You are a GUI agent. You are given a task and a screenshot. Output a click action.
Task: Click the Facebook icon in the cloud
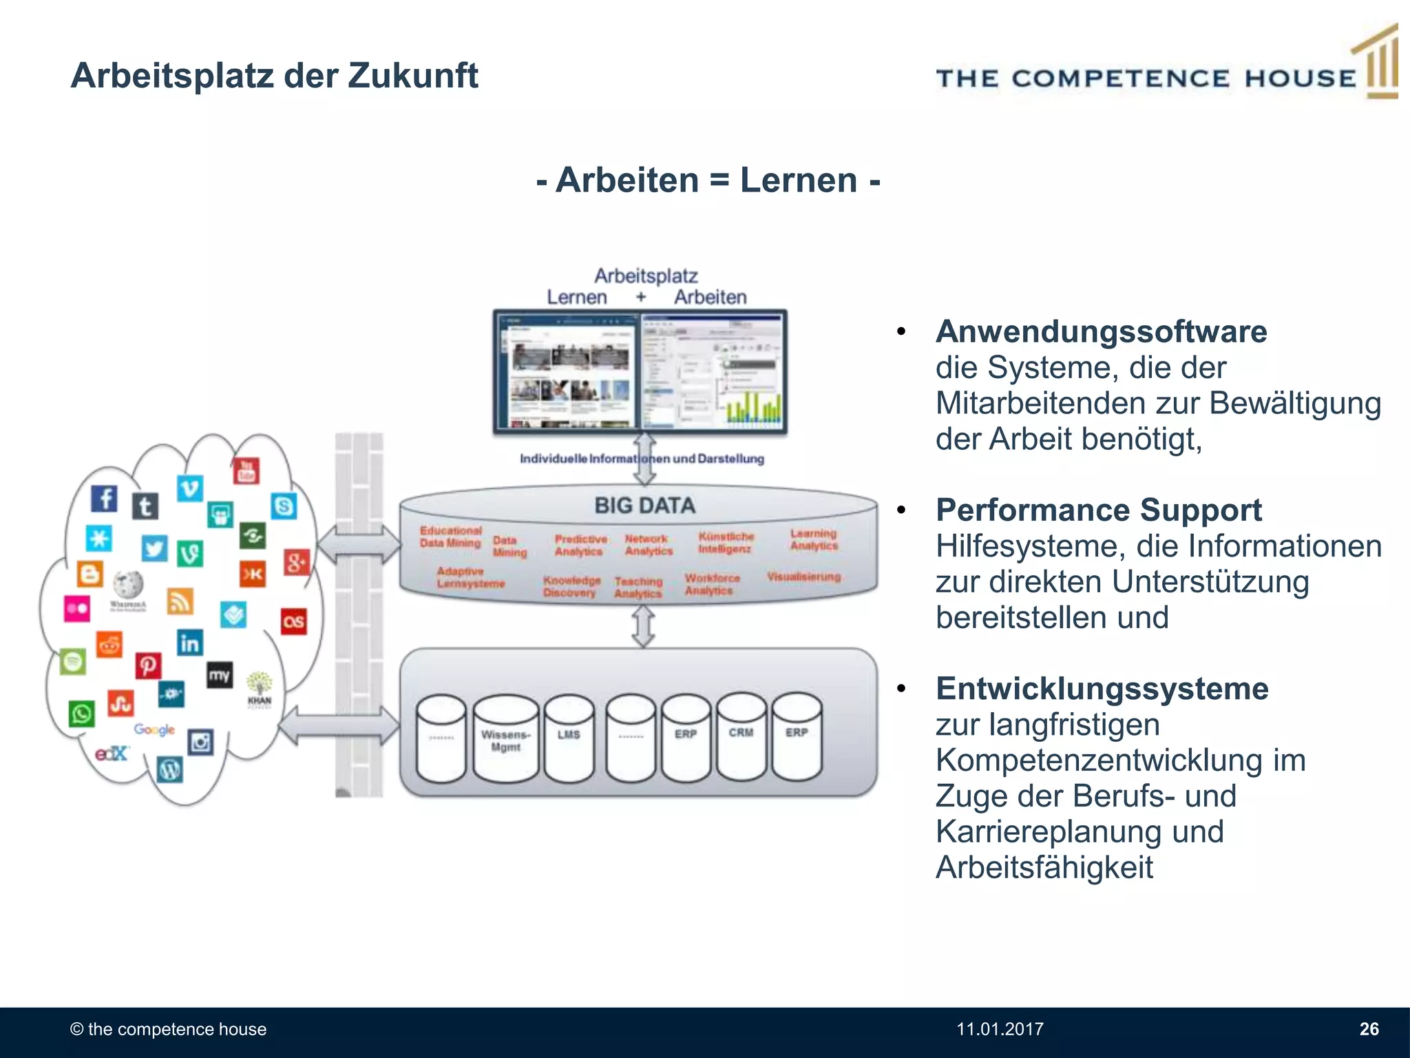tap(105, 498)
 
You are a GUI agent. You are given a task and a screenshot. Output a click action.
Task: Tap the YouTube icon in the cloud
tap(246, 470)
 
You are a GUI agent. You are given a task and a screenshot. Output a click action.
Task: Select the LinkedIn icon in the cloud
tap(189, 643)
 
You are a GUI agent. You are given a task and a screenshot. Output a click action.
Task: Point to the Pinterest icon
tap(148, 666)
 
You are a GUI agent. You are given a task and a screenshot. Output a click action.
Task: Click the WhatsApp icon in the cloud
tap(81, 714)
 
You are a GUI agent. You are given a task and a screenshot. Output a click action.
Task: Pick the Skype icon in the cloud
tap(284, 506)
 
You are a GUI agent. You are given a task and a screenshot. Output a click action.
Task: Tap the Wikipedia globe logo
tap(129, 585)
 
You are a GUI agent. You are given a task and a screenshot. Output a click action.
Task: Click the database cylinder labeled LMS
tap(569, 738)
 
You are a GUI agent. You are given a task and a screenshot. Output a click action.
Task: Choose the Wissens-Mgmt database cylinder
tap(506, 740)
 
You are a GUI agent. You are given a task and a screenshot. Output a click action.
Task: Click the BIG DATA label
tap(645, 506)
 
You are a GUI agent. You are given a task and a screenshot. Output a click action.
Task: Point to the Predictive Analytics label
tap(580, 545)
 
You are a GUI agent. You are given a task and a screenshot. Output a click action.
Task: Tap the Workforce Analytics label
tap(712, 584)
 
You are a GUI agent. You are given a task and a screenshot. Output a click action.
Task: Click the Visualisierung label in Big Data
tap(803, 577)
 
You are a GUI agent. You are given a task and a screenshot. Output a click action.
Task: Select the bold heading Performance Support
tap(1098, 510)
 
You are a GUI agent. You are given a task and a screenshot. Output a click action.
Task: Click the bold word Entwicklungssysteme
tap(1102, 689)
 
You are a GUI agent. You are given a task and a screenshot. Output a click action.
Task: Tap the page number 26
tap(1369, 1029)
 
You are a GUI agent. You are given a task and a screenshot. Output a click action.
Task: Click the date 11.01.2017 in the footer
tap(1000, 1029)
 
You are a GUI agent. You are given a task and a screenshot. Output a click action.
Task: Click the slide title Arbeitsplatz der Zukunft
tap(274, 76)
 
